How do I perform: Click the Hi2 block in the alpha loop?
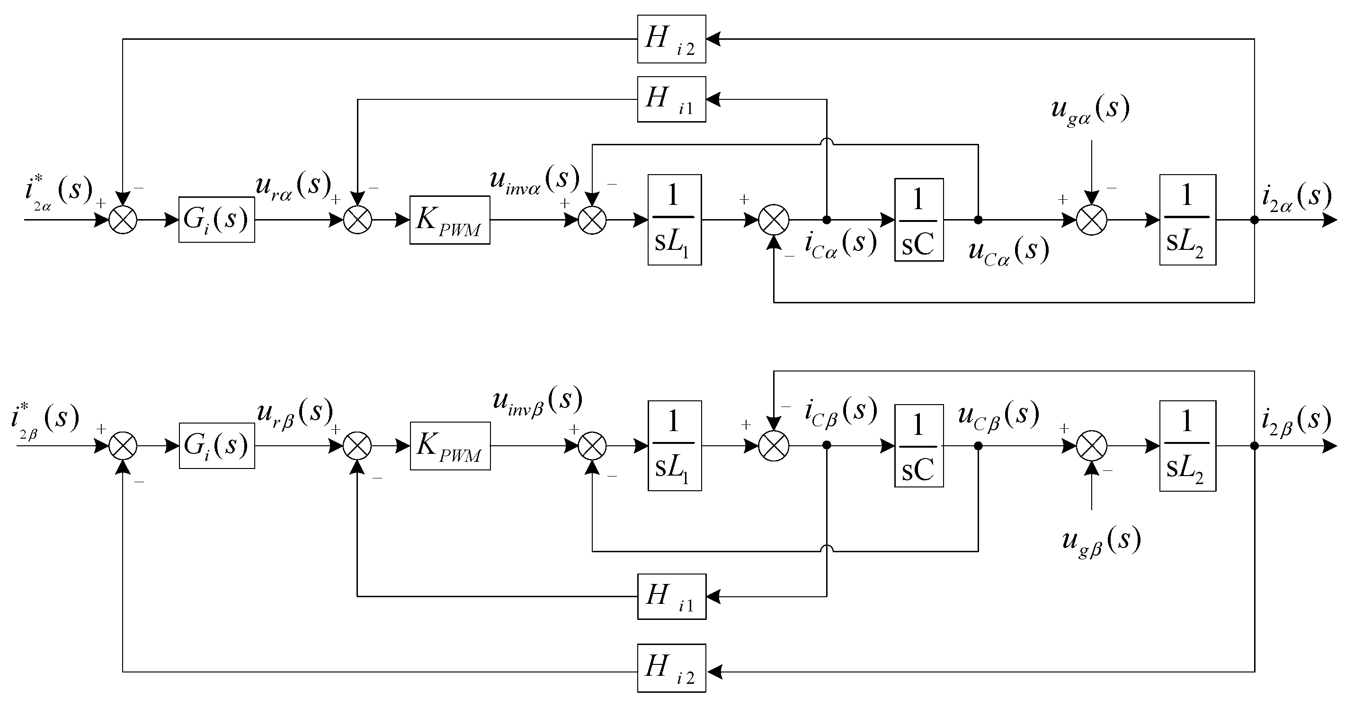(671, 39)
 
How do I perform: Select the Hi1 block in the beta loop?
(671, 597)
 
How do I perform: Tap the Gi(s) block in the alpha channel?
(216, 220)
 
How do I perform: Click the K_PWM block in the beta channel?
(450, 446)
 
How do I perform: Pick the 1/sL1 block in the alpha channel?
(674, 220)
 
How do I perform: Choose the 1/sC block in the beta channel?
(919, 446)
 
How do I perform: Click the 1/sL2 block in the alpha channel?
(1187, 220)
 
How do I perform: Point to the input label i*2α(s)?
(58, 192)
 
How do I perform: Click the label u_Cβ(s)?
(998, 415)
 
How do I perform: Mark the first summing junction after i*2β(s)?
(123, 446)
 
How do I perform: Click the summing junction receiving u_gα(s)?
(1092, 220)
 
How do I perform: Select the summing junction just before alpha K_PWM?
(357, 220)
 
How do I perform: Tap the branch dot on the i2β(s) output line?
(1255, 446)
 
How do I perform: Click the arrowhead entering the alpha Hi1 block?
(713, 99)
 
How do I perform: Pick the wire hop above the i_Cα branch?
(827, 142)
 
